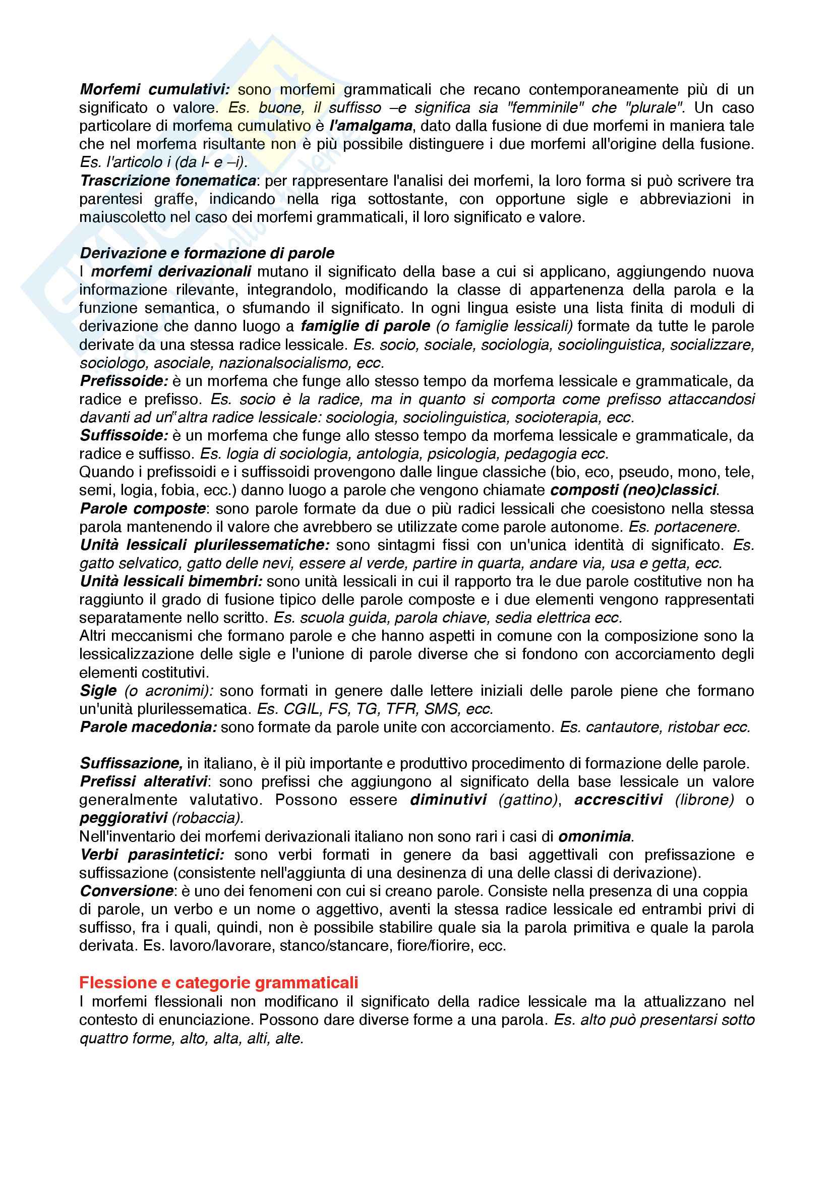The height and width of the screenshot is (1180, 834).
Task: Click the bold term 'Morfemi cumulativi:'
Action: pyautogui.click(x=155, y=90)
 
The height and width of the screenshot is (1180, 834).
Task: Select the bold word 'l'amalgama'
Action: pyautogui.click(x=371, y=126)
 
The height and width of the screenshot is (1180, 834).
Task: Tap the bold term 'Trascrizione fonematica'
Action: pyautogui.click(x=168, y=181)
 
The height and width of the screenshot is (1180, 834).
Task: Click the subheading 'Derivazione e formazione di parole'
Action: pyautogui.click(x=207, y=253)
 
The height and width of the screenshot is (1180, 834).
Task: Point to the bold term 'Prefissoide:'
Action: pyautogui.click(x=124, y=381)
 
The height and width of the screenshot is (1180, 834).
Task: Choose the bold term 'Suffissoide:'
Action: pyautogui.click(x=124, y=436)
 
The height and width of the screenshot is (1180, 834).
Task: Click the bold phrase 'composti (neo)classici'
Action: pyautogui.click(x=633, y=490)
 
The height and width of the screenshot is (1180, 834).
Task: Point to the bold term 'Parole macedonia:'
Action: pyautogui.click(x=148, y=727)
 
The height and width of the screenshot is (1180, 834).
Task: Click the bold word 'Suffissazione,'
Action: pyautogui.click(x=132, y=764)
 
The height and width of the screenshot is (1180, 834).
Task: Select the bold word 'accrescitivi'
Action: pyautogui.click(x=618, y=800)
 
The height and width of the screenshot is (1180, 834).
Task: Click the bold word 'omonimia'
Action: pyautogui.click(x=594, y=836)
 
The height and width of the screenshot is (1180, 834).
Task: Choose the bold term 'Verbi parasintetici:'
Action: pyautogui.click(x=152, y=855)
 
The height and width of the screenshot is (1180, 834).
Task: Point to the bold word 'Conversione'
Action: pyautogui.click(x=127, y=891)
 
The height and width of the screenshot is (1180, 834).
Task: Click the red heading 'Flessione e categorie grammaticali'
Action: pyautogui.click(x=218, y=983)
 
